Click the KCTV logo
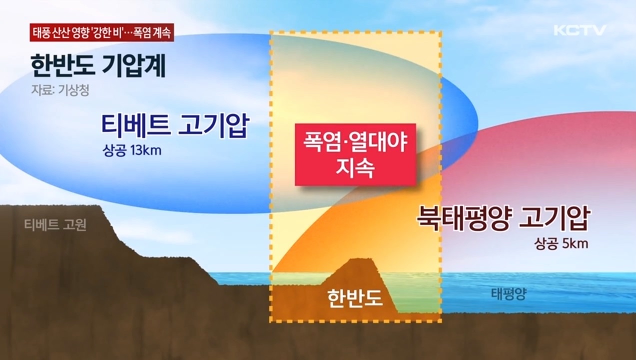click(x=580, y=30)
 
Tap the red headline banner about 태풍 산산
click(x=101, y=33)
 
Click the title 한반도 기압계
click(x=98, y=66)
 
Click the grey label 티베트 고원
click(x=55, y=225)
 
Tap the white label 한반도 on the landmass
click(x=355, y=297)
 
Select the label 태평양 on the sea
click(x=508, y=293)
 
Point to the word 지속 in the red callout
click(x=355, y=168)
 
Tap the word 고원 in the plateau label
click(x=75, y=225)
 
